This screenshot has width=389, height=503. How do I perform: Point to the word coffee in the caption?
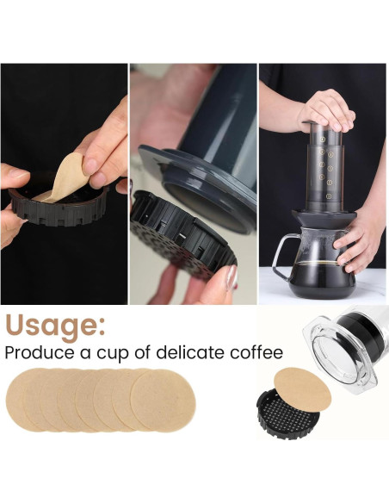[x=256, y=352]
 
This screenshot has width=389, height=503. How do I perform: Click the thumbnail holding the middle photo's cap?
[x=232, y=276]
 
